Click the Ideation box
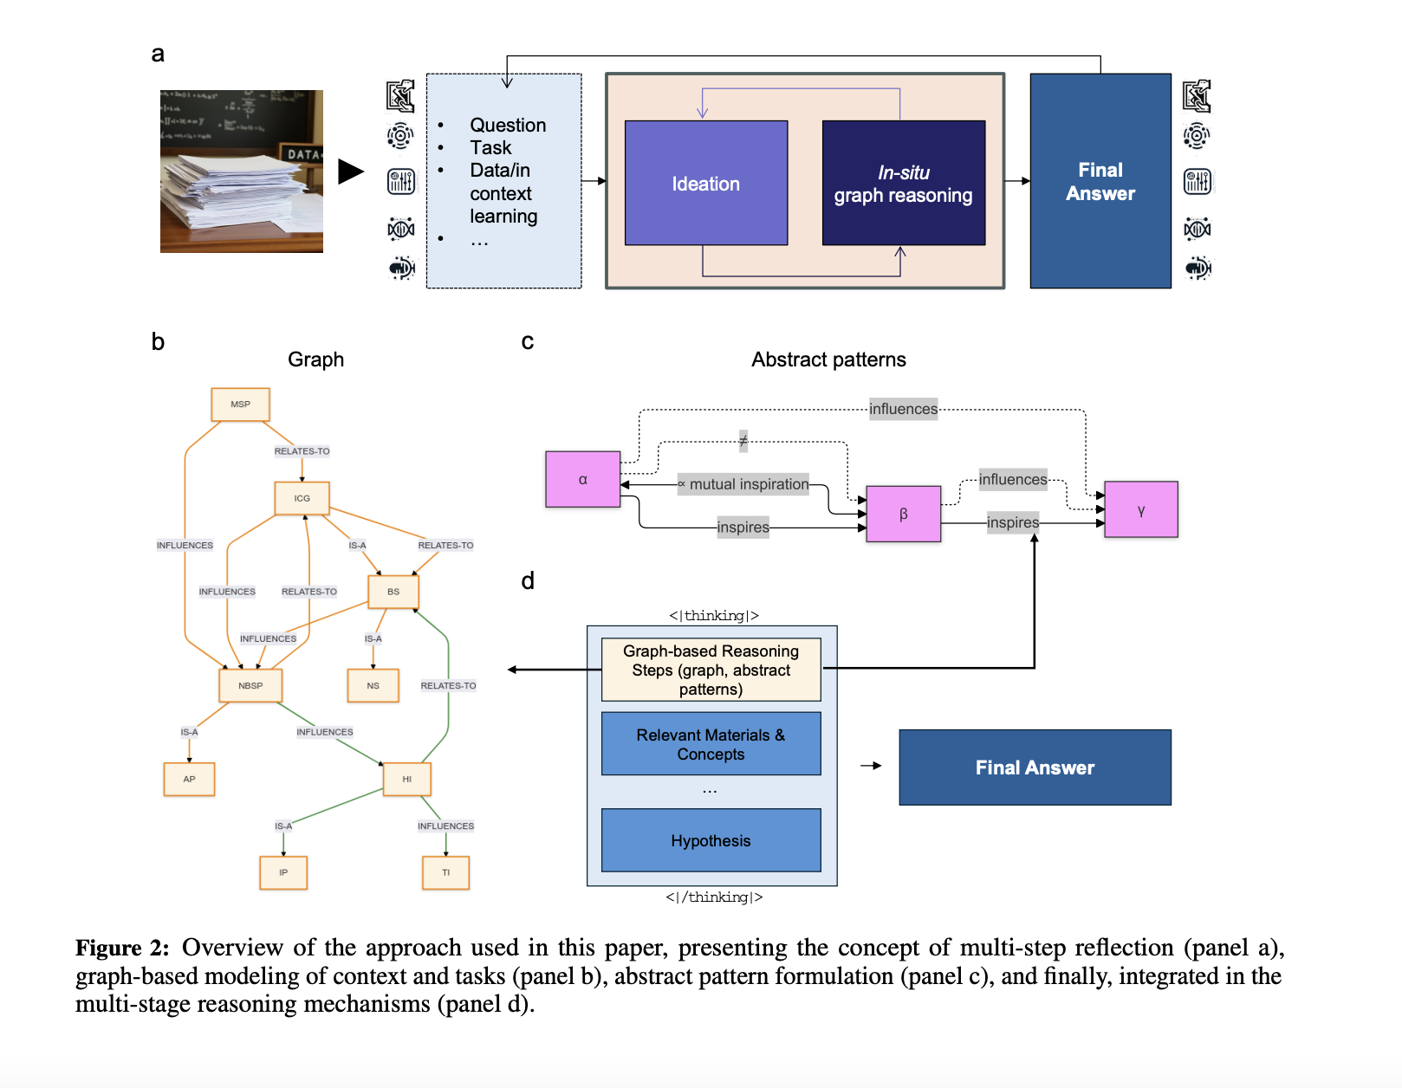coord(705,183)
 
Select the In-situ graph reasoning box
coord(903,183)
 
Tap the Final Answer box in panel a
coord(1100,181)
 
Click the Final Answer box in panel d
coord(1035,767)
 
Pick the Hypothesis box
coord(711,840)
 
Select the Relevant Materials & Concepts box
coord(711,744)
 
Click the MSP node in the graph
coord(240,405)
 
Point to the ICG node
coord(302,498)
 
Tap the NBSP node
coord(250,685)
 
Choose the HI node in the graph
coord(406,779)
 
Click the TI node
coord(445,872)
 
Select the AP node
coord(189,779)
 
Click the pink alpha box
coord(582,479)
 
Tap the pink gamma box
coord(1140,510)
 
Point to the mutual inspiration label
coord(748,484)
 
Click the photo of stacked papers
coord(241,172)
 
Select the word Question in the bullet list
coord(508,126)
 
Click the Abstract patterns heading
coord(828,359)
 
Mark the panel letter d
coord(528,580)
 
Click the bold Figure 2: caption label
coord(122,948)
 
